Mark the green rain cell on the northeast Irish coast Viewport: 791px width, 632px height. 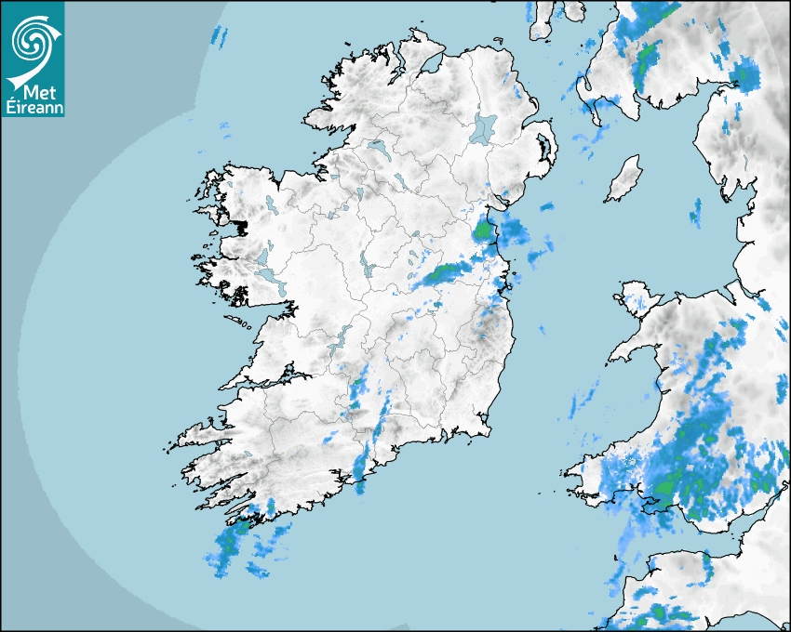click(483, 229)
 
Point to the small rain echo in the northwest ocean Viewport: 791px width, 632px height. click(220, 36)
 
